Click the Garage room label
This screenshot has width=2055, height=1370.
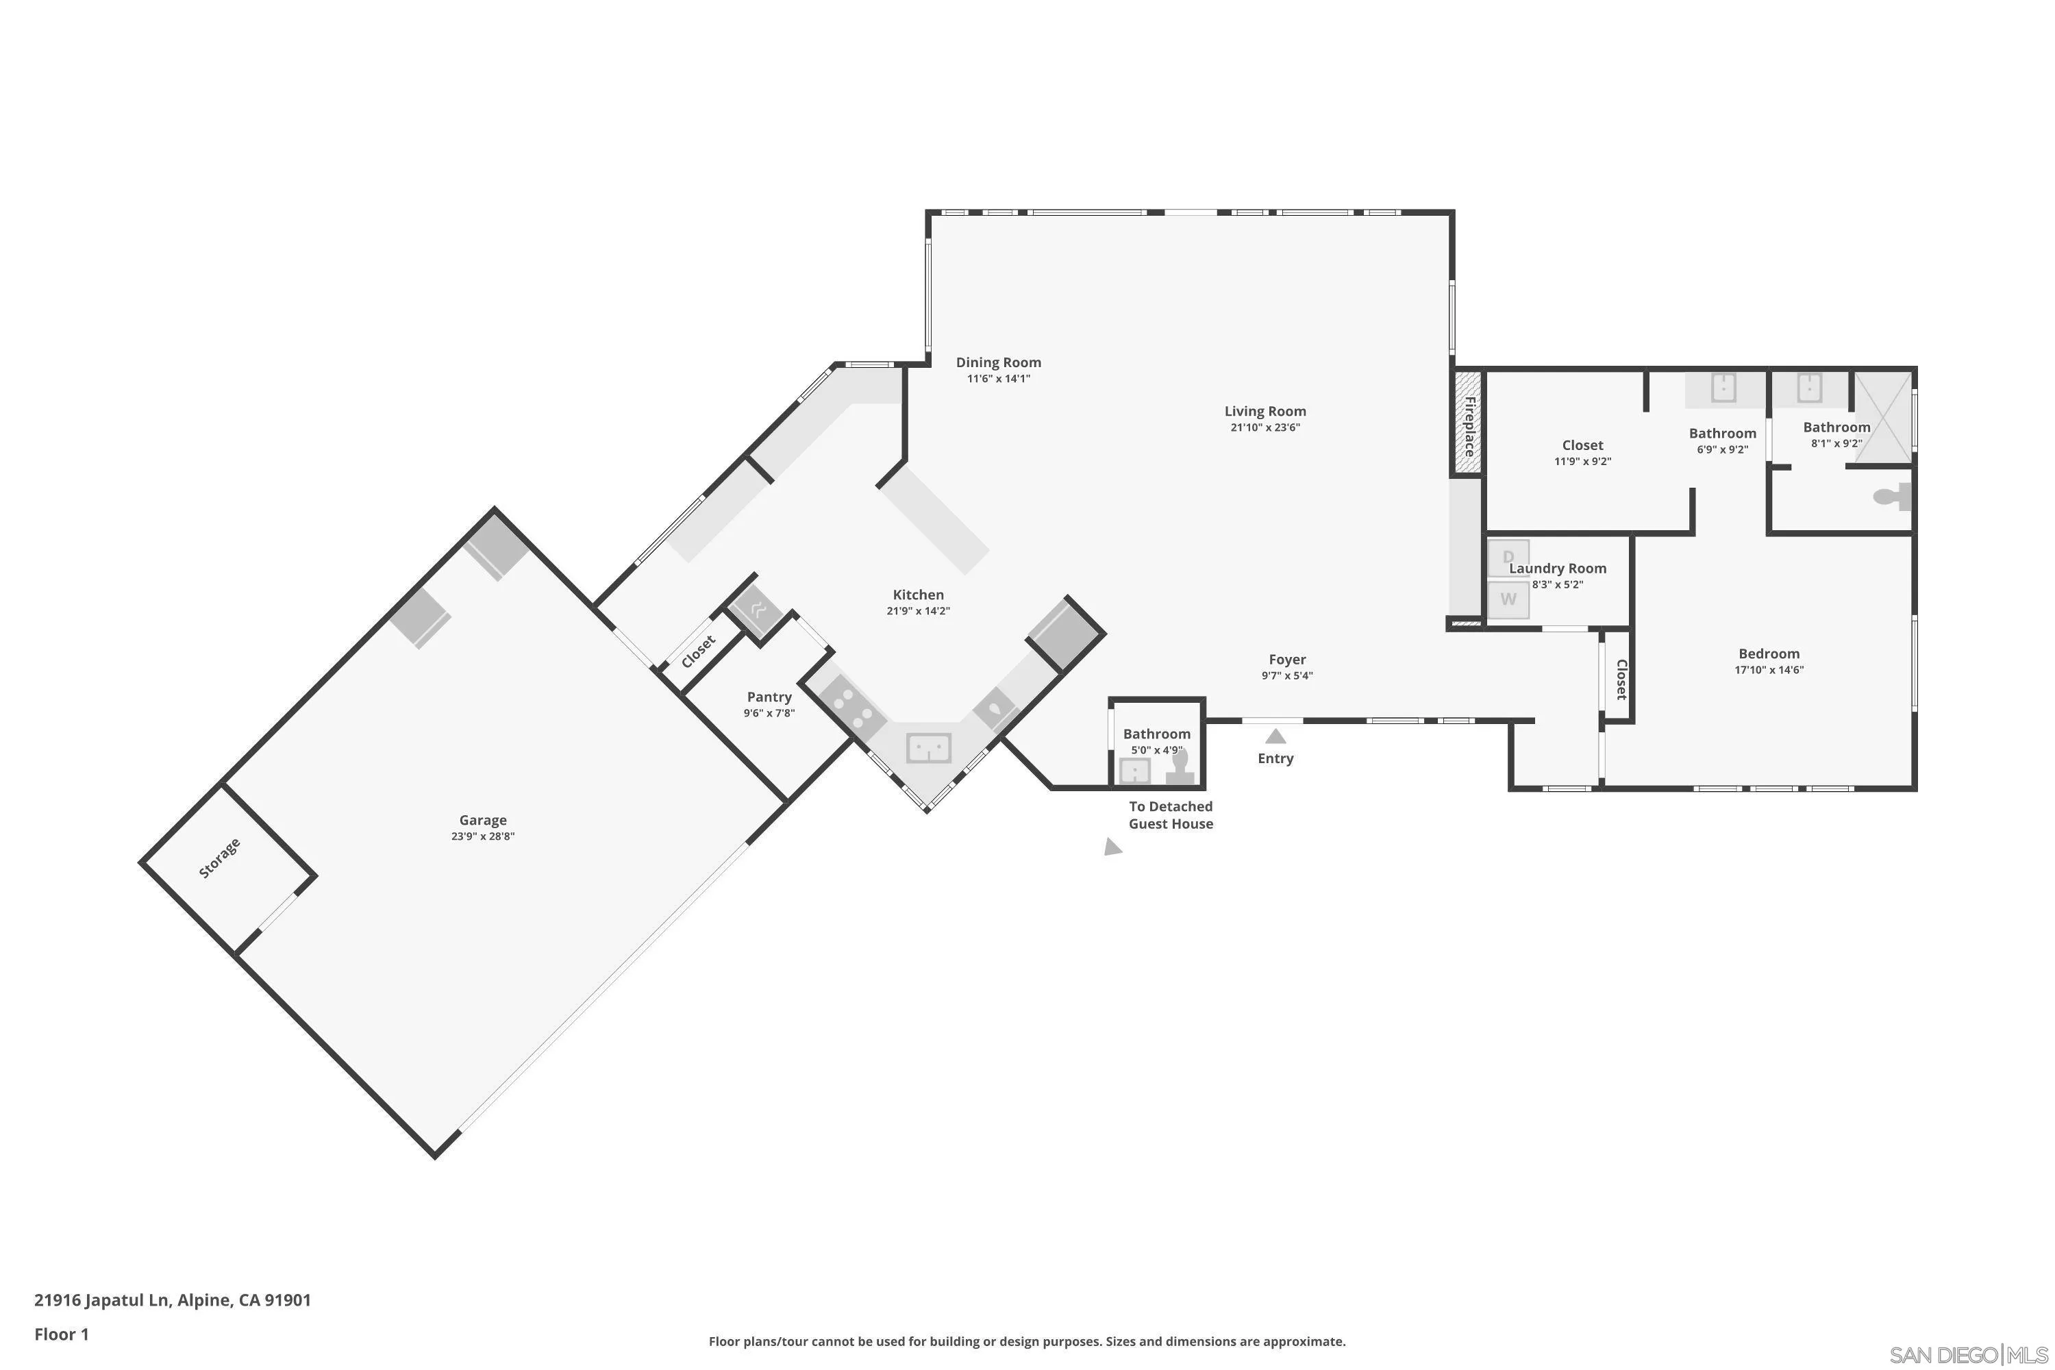point(482,819)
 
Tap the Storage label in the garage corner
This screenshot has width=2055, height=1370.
point(219,858)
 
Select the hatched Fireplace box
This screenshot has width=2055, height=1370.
point(1468,425)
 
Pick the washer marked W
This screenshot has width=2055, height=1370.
point(1508,599)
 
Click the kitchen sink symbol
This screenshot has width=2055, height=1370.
point(928,748)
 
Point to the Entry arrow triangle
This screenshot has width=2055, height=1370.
point(1275,736)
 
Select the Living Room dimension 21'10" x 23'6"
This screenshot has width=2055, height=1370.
point(1265,427)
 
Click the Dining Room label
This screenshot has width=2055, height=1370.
point(998,362)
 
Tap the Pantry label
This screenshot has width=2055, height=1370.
point(769,697)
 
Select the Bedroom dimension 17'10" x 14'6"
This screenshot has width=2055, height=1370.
point(1769,670)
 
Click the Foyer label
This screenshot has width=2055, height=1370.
point(1287,660)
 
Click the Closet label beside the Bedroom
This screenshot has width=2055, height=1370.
point(1621,679)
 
